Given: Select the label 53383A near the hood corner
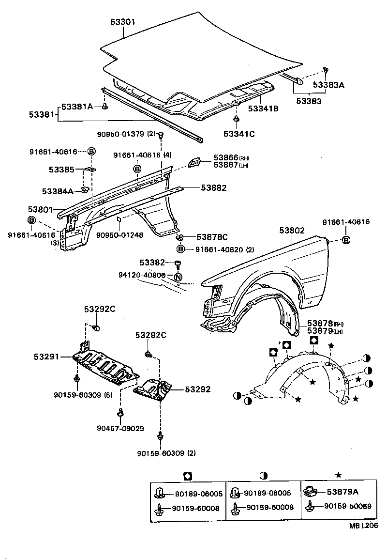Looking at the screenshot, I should click(x=328, y=85).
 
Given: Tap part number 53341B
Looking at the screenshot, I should click(x=263, y=109).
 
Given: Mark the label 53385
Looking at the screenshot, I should click(x=61, y=170).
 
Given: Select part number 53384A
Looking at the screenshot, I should click(x=57, y=191).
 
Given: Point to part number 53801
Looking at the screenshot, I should click(x=43, y=209).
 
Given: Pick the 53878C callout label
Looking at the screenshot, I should click(x=212, y=237).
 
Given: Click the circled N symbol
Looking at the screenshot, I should click(x=178, y=278).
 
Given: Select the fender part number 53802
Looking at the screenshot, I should click(x=292, y=230).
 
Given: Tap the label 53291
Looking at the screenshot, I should click(x=46, y=357).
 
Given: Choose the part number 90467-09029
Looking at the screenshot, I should click(x=120, y=428).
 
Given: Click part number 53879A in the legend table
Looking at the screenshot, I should click(x=342, y=492).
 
